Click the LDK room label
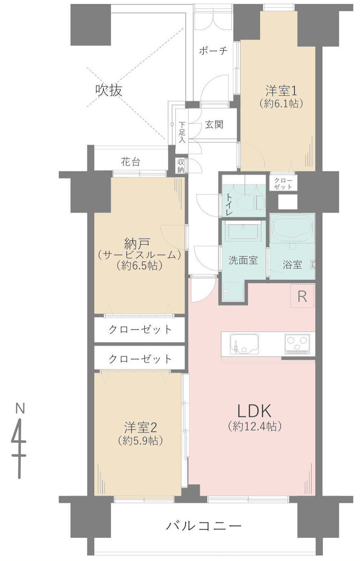[255, 411]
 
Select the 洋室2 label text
[140, 427]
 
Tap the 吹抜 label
[109, 90]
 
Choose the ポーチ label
[213, 51]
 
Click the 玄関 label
[214, 124]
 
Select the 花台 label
[131, 162]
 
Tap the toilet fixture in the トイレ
[251, 203]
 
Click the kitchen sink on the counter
[244, 344]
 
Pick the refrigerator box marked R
[302, 296]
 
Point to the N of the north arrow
[20, 408]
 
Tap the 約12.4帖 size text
[255, 426]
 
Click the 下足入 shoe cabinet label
[182, 132]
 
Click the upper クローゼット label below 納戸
[140, 330]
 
